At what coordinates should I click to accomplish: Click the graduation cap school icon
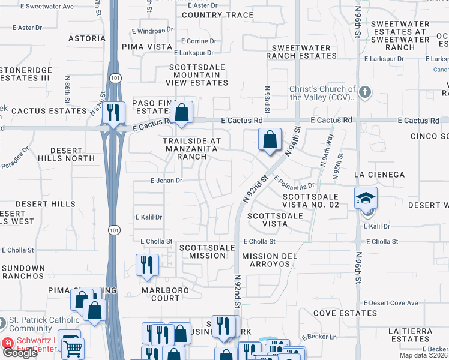click(365, 197)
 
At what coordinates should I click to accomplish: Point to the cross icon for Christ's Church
click(365, 92)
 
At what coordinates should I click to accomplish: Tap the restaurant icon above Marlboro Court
click(146, 264)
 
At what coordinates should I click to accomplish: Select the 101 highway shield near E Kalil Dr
click(113, 229)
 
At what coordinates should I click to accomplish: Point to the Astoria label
click(87, 38)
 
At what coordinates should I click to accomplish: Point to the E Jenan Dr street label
click(166, 180)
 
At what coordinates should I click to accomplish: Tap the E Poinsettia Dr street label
click(295, 182)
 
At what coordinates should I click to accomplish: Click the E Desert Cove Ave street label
click(390, 303)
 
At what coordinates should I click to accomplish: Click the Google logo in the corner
click(19, 352)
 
